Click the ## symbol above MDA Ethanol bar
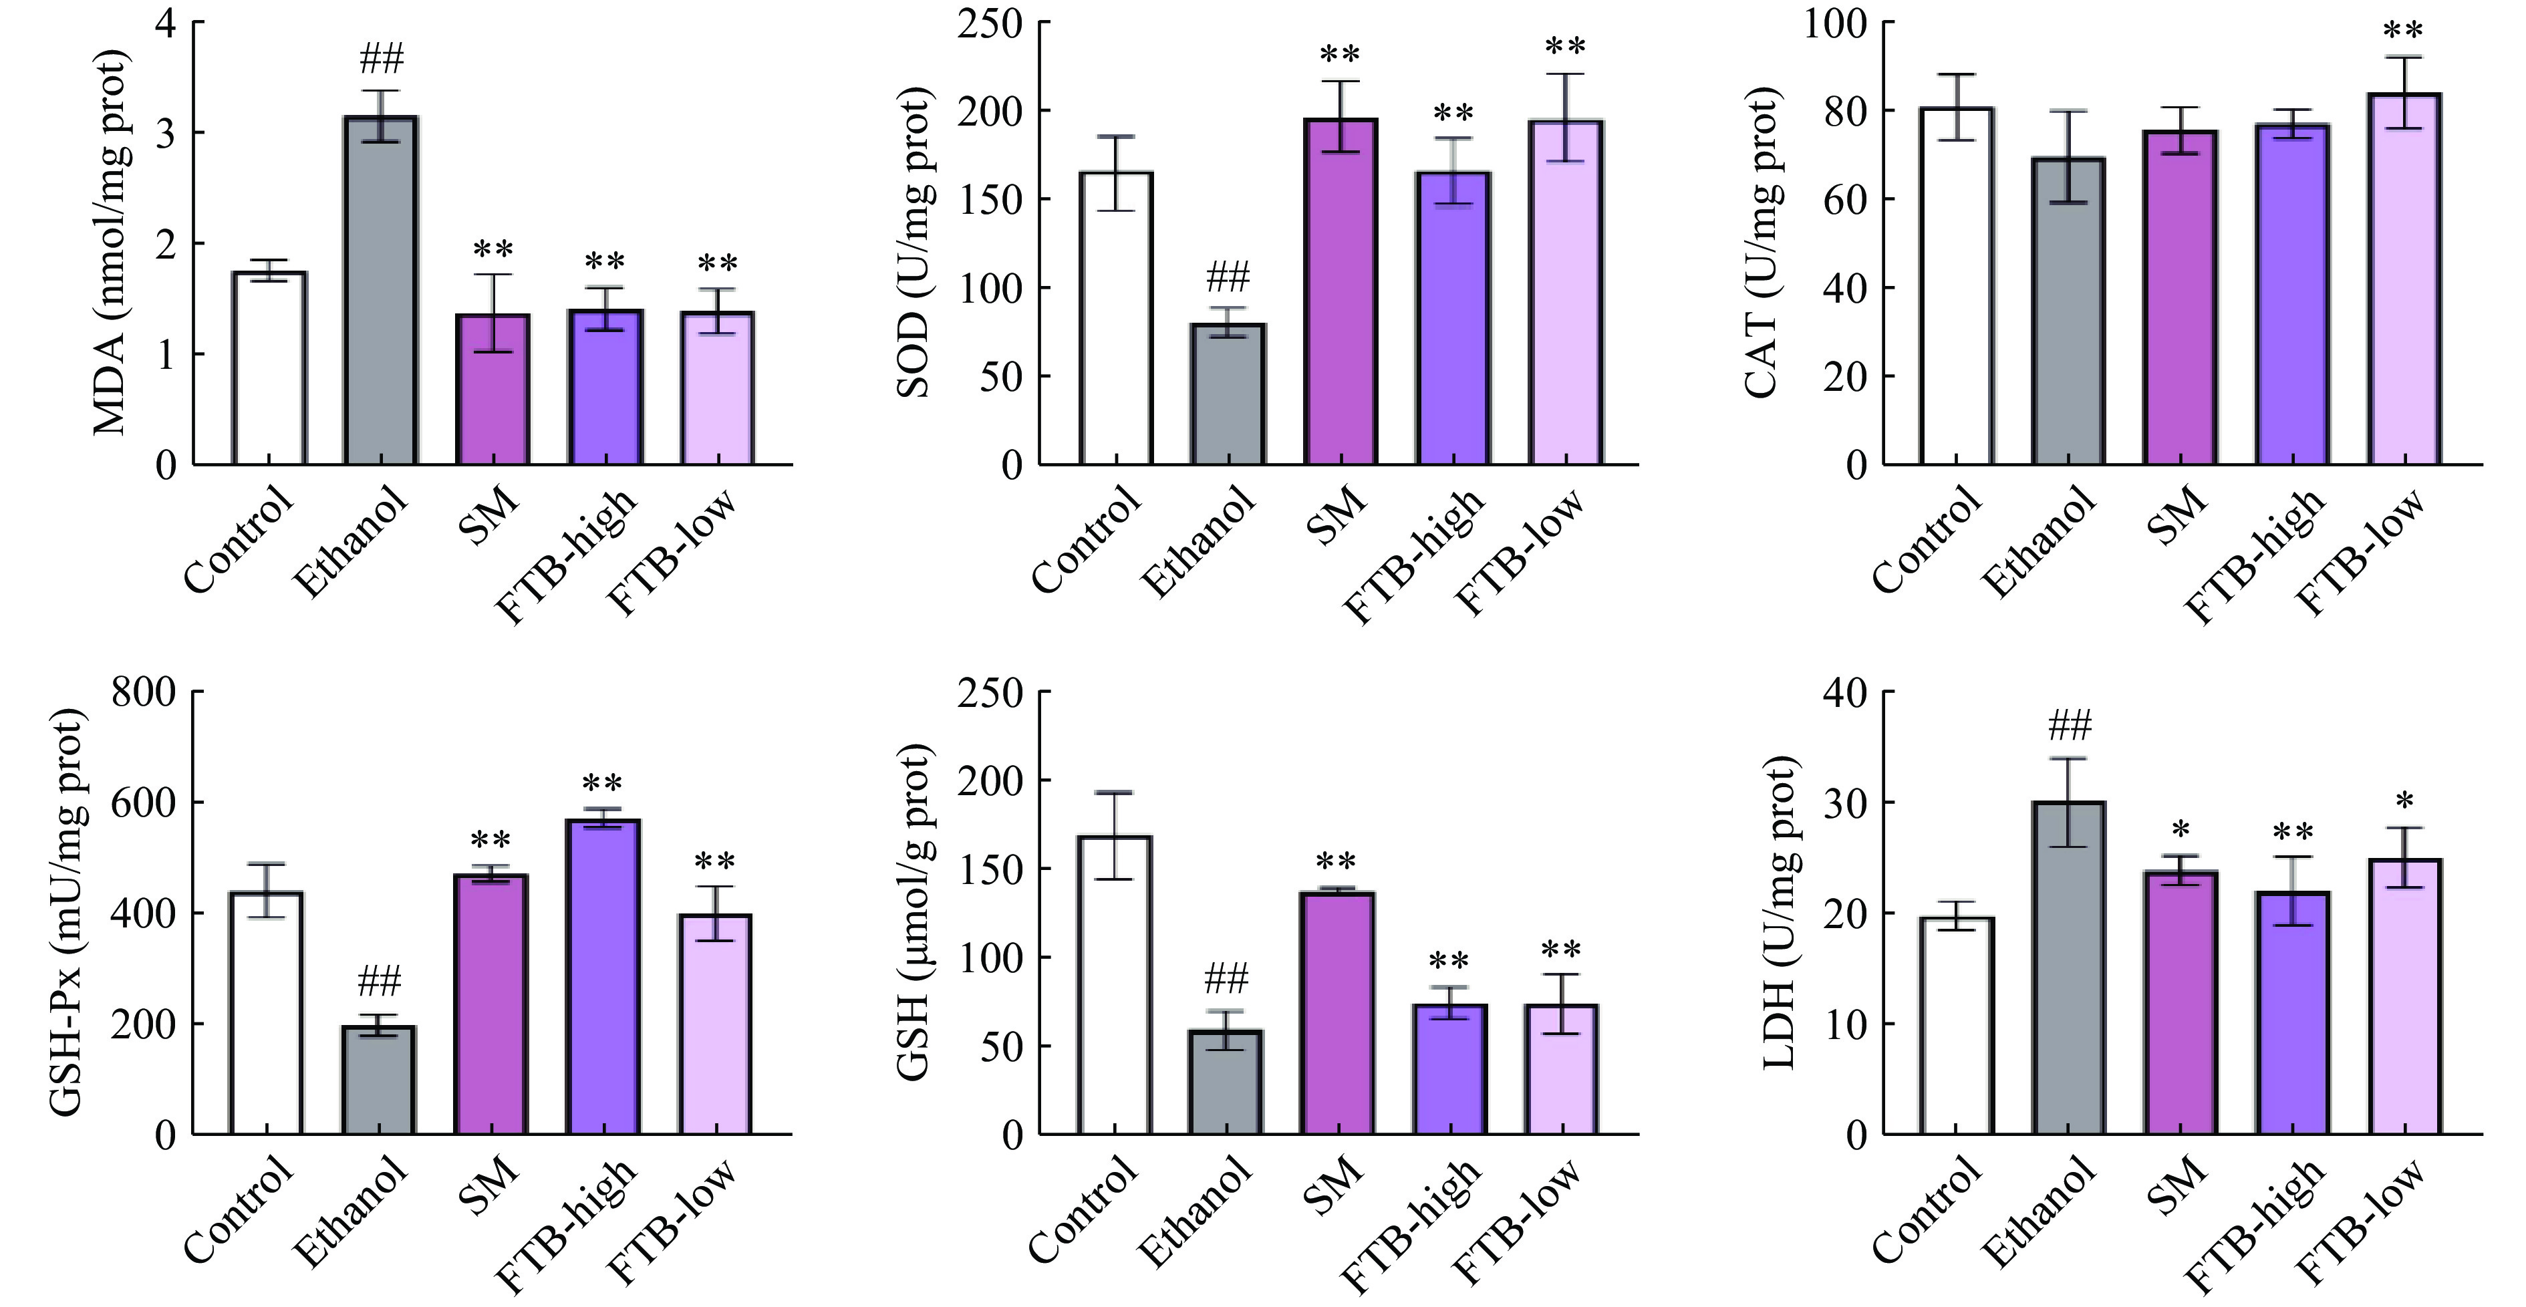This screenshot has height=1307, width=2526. pyautogui.click(x=382, y=60)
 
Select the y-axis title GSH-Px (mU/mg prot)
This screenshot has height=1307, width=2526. pyautogui.click(x=67, y=912)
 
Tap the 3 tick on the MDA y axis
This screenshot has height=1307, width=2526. pyautogui.click(x=166, y=134)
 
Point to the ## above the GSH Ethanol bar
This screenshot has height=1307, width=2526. pyautogui.click(x=1226, y=978)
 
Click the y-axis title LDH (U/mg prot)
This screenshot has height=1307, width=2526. pyautogui.click(x=1779, y=912)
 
